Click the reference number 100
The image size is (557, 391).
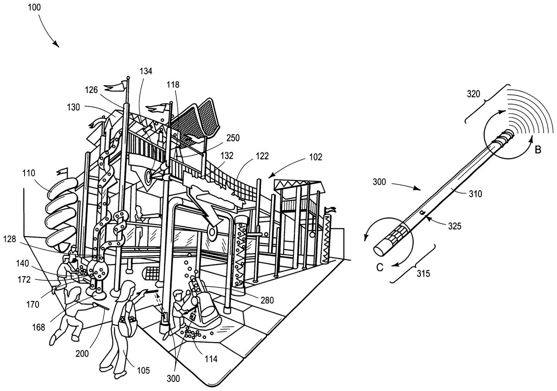(34, 7)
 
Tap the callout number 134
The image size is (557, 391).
(145, 71)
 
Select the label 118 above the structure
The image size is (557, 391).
(173, 85)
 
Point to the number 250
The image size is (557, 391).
(233, 138)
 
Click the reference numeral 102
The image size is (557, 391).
(316, 157)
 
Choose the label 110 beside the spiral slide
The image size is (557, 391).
(29, 173)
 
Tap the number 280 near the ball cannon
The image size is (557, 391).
(267, 300)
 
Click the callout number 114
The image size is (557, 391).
(211, 359)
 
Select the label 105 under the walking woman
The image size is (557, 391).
(143, 371)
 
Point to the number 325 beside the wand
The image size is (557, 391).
(454, 226)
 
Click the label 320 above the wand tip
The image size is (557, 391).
(473, 94)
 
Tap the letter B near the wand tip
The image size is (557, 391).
(538, 150)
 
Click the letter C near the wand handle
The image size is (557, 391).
(380, 267)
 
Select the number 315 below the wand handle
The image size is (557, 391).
(423, 274)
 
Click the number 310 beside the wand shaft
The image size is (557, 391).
(475, 194)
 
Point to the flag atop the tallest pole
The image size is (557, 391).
(116, 86)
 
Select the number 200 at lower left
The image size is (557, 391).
(82, 353)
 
